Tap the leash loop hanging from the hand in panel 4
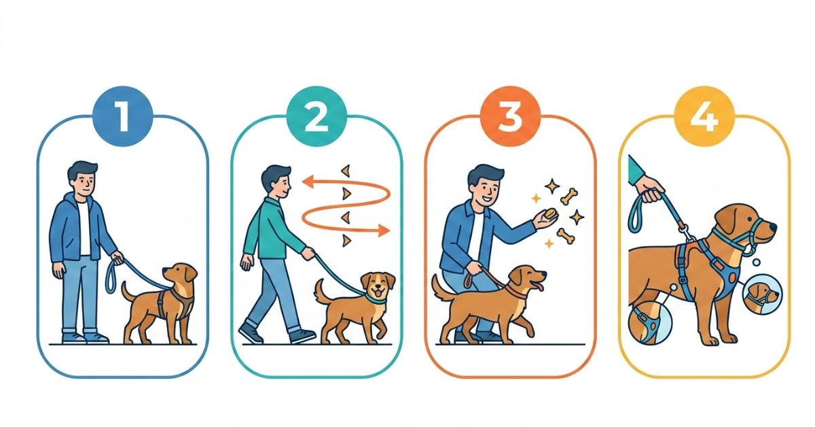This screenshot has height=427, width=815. click(x=635, y=216)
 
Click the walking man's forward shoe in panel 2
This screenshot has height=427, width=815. click(x=303, y=336)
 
